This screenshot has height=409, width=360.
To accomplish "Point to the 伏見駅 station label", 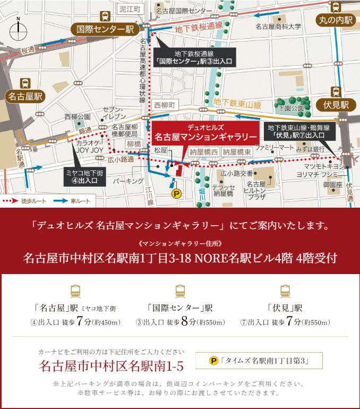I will click(336, 104).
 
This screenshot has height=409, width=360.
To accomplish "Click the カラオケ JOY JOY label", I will click(89, 147).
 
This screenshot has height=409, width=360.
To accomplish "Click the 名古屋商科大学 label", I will click(278, 26).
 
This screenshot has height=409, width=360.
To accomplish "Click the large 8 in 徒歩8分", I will click(184, 321).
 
